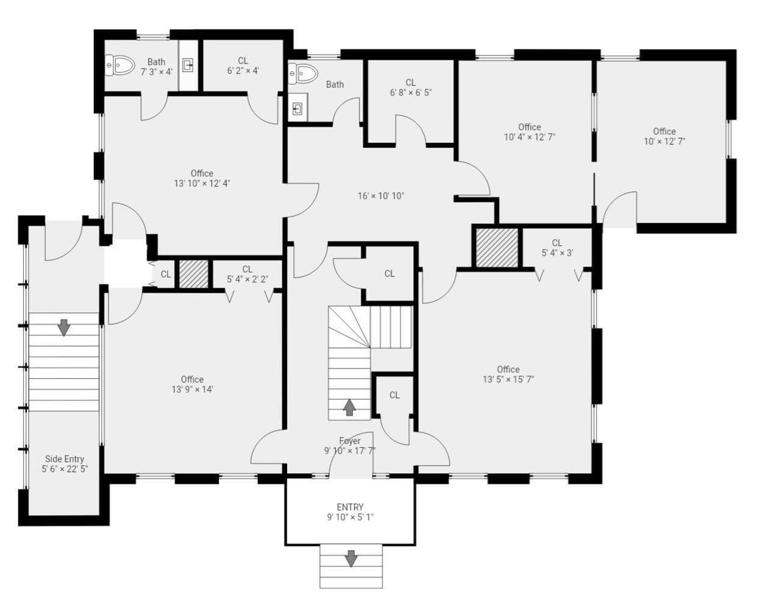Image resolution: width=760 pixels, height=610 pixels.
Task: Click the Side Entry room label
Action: click(x=65, y=464)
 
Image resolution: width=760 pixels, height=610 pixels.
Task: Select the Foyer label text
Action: click(x=350, y=440)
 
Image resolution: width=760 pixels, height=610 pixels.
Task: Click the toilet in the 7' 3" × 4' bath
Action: click(x=119, y=65)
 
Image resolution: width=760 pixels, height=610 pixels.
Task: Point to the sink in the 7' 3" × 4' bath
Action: click(x=188, y=65)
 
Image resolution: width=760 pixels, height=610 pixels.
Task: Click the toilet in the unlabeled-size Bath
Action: click(x=303, y=74)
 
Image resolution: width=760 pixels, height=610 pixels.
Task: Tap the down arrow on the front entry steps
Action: click(x=351, y=558)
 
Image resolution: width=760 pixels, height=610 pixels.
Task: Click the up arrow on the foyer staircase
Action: click(x=349, y=407)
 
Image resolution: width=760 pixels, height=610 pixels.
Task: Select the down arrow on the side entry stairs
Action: click(x=63, y=328)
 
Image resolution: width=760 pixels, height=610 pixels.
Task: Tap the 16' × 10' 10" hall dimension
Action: click(x=381, y=196)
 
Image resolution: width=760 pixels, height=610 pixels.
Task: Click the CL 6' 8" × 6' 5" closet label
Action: click(x=411, y=88)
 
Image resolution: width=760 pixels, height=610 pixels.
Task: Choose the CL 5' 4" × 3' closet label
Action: click(x=557, y=248)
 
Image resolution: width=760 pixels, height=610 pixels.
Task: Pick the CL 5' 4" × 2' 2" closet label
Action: click(x=247, y=274)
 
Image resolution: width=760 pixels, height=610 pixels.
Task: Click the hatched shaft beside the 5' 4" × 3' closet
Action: click(x=497, y=248)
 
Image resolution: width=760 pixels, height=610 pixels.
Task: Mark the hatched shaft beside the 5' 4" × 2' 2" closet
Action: click(x=194, y=274)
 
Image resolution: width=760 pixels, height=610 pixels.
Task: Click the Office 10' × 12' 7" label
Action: click(x=664, y=137)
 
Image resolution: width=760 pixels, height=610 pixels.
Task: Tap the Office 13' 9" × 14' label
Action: click(x=192, y=384)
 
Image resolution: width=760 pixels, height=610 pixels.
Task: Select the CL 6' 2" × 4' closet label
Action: click(x=243, y=66)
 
